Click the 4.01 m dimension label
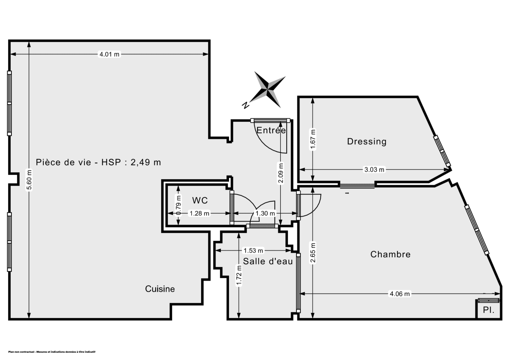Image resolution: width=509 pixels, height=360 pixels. (x=109, y=54)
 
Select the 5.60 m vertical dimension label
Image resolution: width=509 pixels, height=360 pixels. (x=29, y=181)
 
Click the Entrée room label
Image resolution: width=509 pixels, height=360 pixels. (x=271, y=131)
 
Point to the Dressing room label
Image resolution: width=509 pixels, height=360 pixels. (x=367, y=141)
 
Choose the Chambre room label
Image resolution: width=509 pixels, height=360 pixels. (x=390, y=254)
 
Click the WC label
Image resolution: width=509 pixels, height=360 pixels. (x=199, y=200)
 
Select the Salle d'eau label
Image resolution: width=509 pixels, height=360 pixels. (x=268, y=262)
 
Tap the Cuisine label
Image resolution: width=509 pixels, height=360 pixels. (x=160, y=289)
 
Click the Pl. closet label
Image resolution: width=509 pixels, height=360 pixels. (x=489, y=310)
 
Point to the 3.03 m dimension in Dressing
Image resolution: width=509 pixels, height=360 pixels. (x=374, y=170)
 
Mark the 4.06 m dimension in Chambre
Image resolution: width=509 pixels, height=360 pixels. (x=400, y=293)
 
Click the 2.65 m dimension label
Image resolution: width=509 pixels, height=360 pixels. (x=313, y=253)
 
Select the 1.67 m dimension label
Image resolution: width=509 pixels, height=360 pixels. (x=313, y=139)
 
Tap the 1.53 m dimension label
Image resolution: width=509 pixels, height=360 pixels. (x=253, y=250)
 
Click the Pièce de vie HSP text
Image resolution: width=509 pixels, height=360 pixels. (x=98, y=162)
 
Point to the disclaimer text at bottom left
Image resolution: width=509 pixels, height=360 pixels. (x=51, y=352)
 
